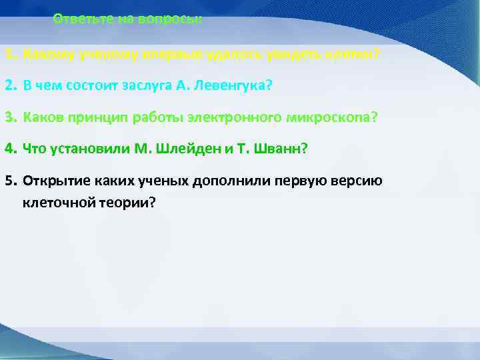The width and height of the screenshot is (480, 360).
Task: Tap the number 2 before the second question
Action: coord(9,86)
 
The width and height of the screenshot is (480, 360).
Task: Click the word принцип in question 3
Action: coord(93,117)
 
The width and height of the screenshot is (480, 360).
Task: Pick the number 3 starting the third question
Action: coord(9,117)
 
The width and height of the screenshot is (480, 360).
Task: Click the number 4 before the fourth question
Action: coord(9,149)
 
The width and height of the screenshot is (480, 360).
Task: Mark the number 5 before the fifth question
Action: coord(9,181)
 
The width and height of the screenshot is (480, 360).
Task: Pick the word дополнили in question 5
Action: coord(225,181)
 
